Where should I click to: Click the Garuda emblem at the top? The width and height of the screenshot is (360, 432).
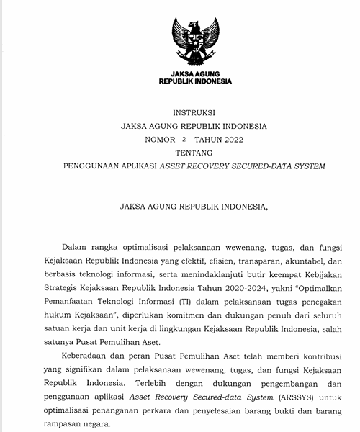coord(194,43)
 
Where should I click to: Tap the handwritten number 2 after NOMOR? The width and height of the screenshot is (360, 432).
coord(184,139)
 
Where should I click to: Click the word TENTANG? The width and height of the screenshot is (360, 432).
coord(194,153)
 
